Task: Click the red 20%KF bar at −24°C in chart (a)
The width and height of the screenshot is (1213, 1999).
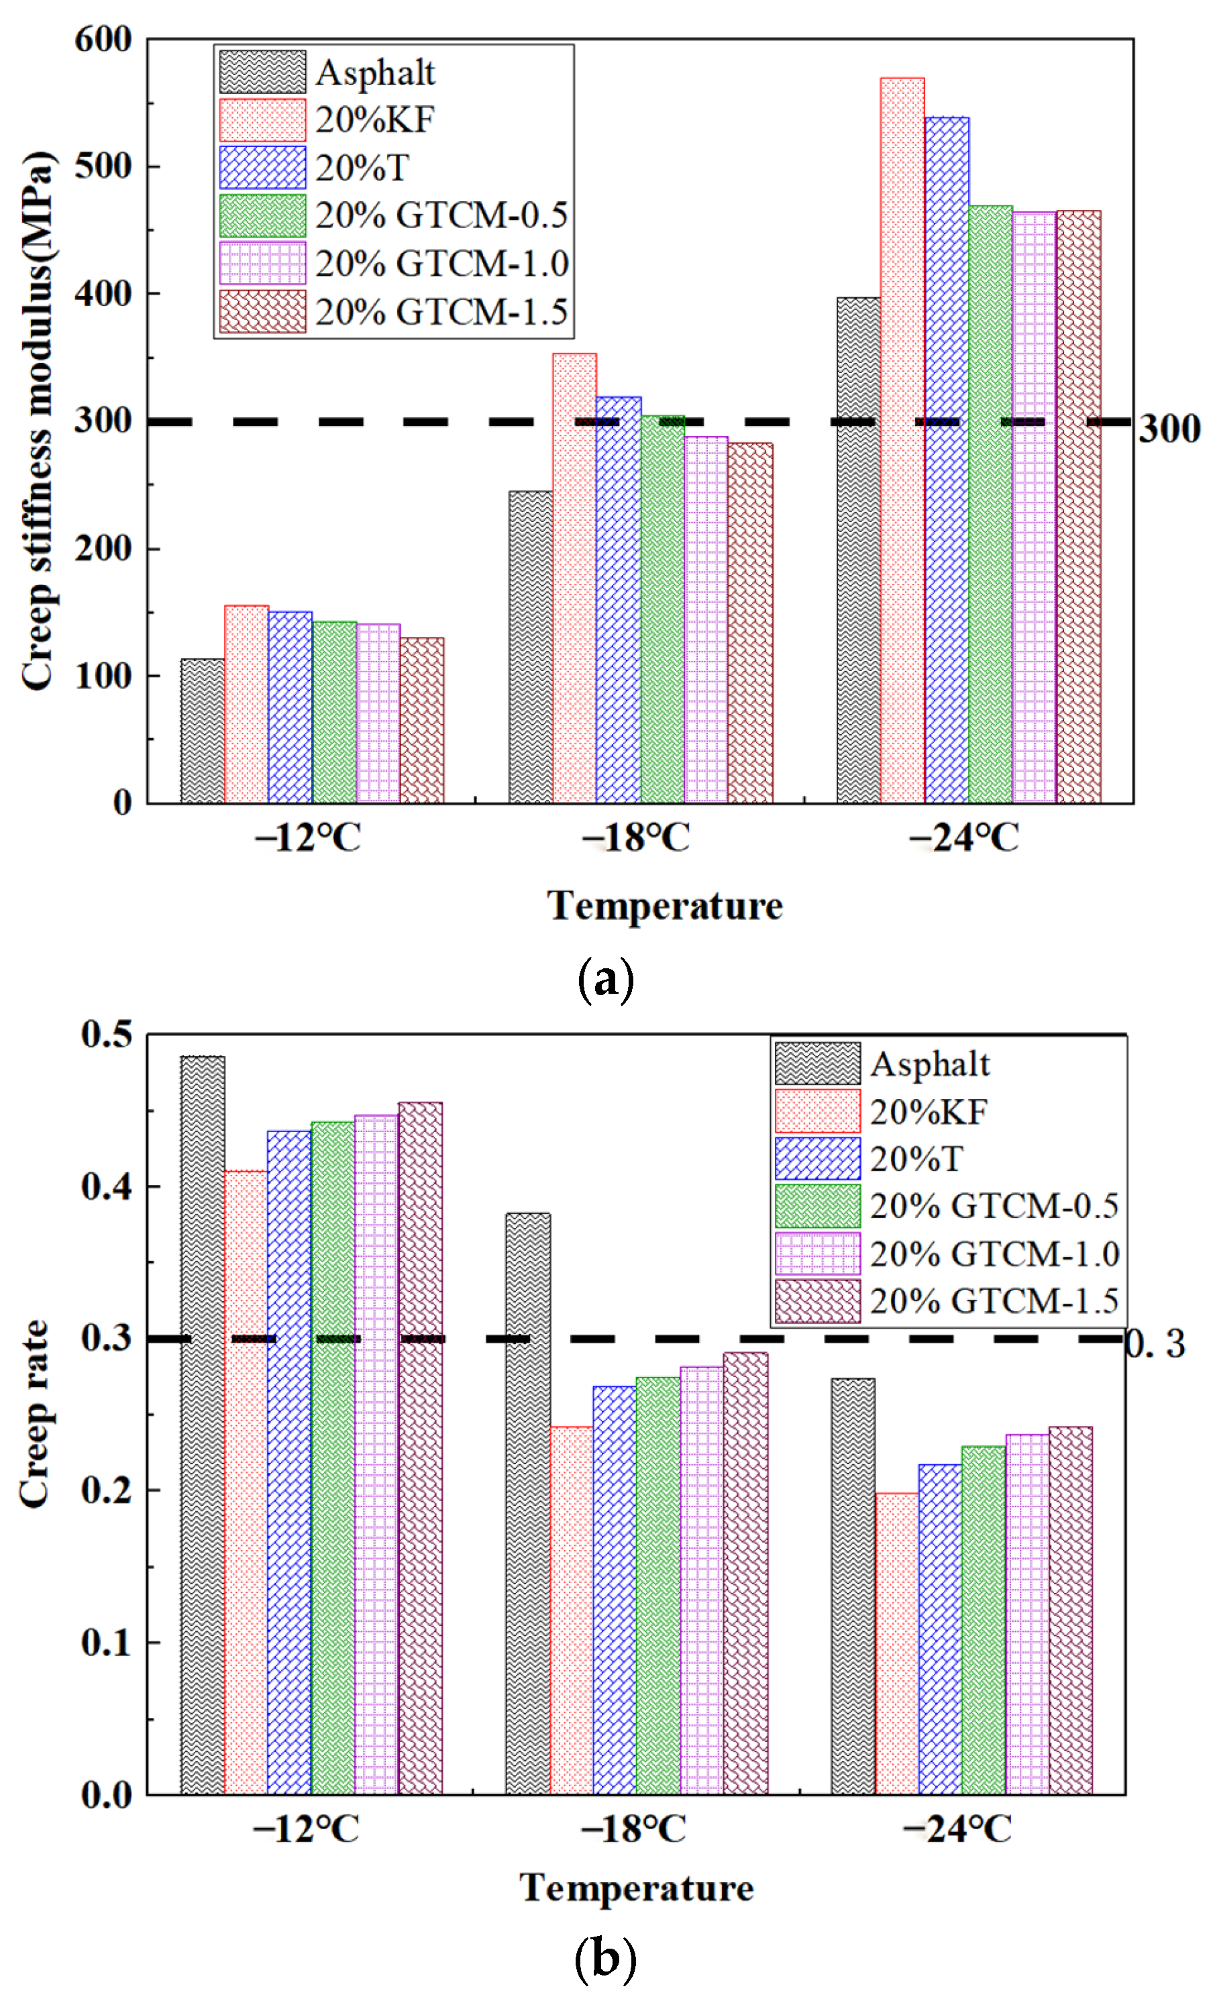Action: (x=902, y=438)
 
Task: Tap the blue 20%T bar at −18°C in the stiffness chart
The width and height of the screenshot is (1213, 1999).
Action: (x=619, y=601)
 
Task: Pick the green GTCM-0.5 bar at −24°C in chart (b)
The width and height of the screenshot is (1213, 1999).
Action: (x=984, y=1623)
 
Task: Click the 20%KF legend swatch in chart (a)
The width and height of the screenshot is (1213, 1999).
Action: (x=262, y=120)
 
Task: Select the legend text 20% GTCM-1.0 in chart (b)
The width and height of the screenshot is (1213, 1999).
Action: (x=994, y=1254)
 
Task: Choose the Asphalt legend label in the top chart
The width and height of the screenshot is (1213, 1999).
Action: (x=375, y=73)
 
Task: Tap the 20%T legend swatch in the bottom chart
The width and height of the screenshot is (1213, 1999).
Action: (x=817, y=1158)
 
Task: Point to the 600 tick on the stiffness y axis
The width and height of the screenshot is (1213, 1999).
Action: (x=103, y=39)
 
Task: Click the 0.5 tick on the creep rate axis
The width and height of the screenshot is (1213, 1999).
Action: (x=106, y=1033)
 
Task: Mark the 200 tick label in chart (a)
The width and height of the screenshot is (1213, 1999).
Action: (x=103, y=549)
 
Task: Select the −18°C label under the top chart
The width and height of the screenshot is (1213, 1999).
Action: (x=635, y=837)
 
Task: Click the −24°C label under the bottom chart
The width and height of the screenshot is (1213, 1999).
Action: (x=958, y=1829)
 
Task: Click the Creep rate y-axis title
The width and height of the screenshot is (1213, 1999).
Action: (x=35, y=1416)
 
